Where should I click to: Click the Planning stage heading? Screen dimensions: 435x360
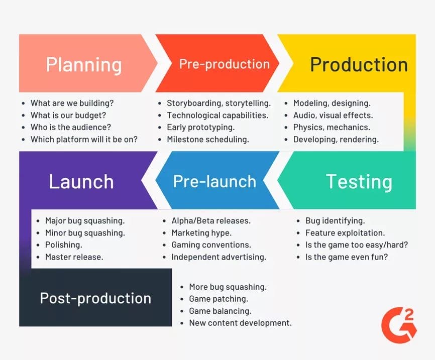click(84, 65)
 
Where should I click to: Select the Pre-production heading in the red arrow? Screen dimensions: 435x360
click(225, 64)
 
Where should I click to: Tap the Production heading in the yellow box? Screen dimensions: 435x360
click(359, 65)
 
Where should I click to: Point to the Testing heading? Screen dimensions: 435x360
click(359, 182)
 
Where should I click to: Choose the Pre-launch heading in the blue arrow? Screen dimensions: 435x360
click(214, 182)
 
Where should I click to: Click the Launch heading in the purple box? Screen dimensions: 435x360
click(81, 182)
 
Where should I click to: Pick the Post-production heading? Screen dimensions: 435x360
click(95, 298)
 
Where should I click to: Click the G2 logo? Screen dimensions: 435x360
click(399, 325)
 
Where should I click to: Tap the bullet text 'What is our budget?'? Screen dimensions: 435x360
click(68, 115)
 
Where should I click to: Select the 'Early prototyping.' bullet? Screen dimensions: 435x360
click(200, 128)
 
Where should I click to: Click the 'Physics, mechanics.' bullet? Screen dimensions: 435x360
click(332, 128)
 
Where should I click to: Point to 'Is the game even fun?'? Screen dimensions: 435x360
click(347, 257)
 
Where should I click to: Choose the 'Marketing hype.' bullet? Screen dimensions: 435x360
click(201, 233)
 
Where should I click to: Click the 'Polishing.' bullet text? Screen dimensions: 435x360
click(63, 245)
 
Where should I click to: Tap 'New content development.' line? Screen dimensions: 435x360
click(240, 323)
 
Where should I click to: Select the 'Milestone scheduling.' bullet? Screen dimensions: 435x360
click(208, 139)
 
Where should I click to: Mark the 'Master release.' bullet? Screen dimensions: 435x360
click(74, 257)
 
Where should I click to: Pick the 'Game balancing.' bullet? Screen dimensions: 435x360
click(220, 311)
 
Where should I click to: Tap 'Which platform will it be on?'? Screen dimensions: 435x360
click(84, 139)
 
